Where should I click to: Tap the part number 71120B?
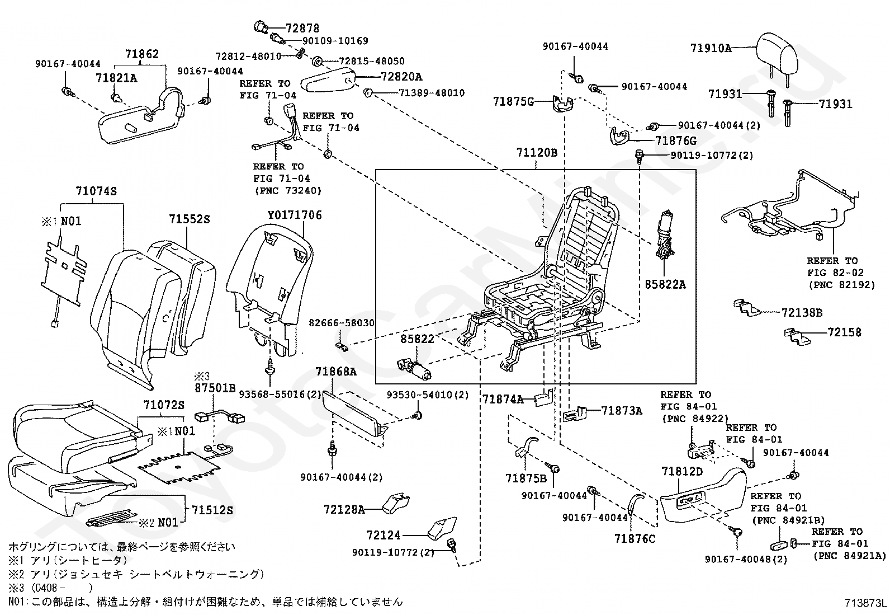tap(537, 153)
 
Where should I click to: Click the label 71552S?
tap(190, 219)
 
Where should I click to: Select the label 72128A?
tap(344, 509)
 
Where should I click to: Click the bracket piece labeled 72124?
tap(442, 529)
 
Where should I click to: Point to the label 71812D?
tap(681, 472)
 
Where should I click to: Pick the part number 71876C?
tap(635, 538)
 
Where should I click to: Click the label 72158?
tap(845, 332)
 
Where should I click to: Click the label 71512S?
tap(212, 510)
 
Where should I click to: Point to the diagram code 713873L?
tap(865, 603)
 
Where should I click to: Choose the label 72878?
tap(302, 28)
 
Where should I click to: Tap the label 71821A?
tap(116, 78)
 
